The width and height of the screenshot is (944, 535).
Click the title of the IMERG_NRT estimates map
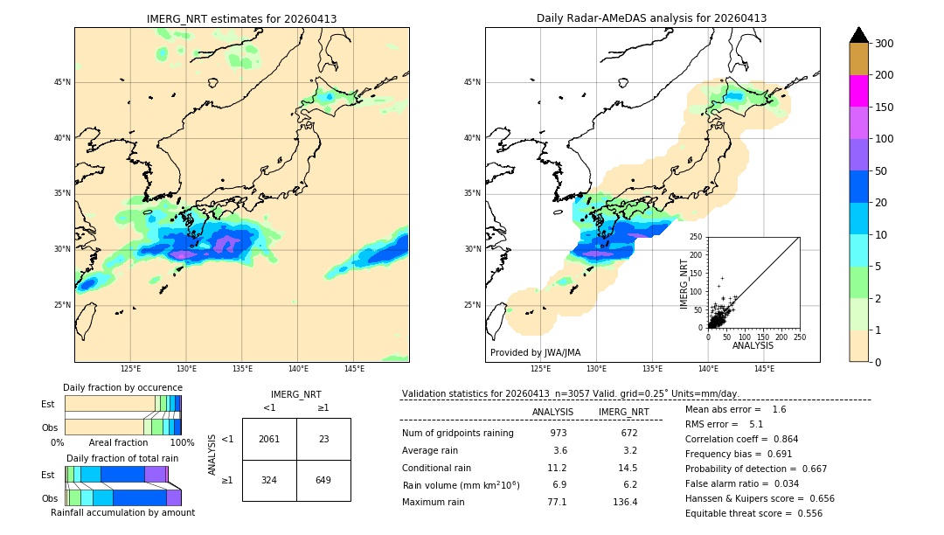(241, 18)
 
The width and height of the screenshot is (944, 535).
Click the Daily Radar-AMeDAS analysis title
(652, 18)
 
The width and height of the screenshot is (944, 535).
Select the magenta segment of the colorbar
(858, 91)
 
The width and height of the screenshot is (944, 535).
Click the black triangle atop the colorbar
(859, 35)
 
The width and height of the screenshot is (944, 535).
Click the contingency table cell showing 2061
(269, 439)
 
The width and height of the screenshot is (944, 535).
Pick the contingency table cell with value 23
(323, 439)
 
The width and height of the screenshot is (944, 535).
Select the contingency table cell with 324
(269, 480)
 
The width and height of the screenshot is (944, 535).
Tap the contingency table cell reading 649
(323, 480)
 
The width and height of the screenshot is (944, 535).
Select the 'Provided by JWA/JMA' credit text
(535, 352)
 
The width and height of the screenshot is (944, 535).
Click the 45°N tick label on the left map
(62, 83)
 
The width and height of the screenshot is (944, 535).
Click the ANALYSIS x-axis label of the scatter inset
(753, 345)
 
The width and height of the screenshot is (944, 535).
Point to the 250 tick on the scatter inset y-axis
(696, 237)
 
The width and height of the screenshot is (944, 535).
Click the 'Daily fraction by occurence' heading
(122, 387)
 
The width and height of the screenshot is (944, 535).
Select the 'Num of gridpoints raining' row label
(457, 433)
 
